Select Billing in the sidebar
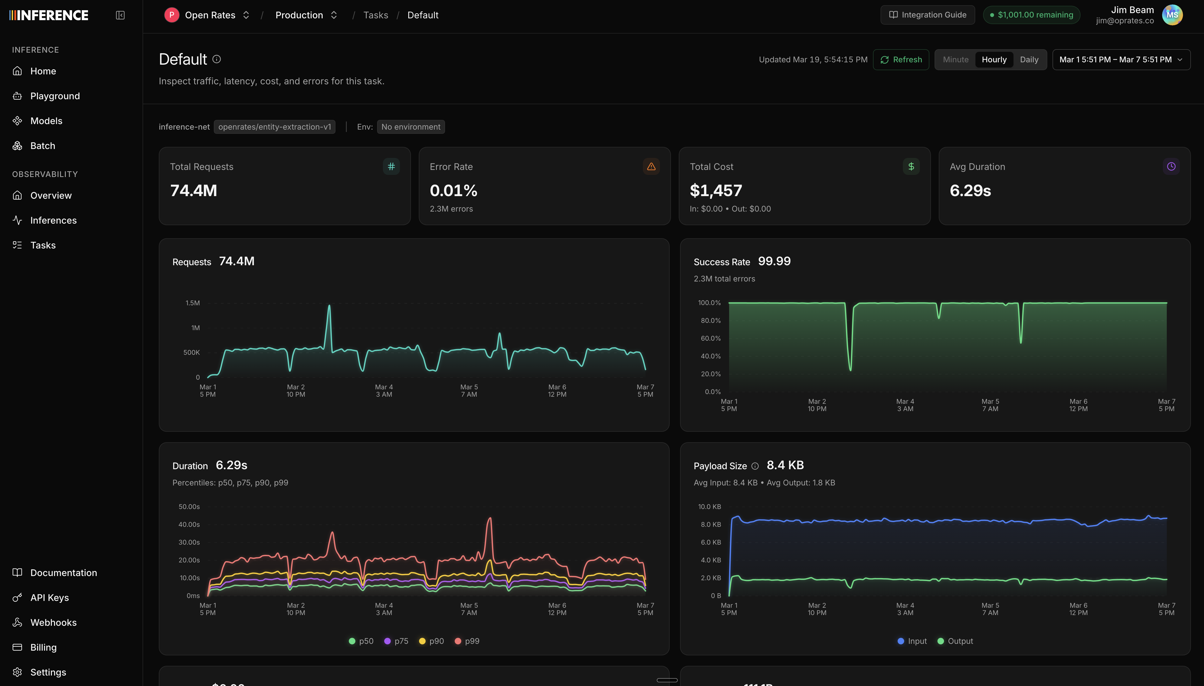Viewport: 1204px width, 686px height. pyautogui.click(x=44, y=647)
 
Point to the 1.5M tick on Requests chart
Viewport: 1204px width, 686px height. pyautogui.click(x=192, y=303)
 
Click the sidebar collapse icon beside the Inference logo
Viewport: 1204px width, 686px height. pyautogui.click(x=120, y=15)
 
